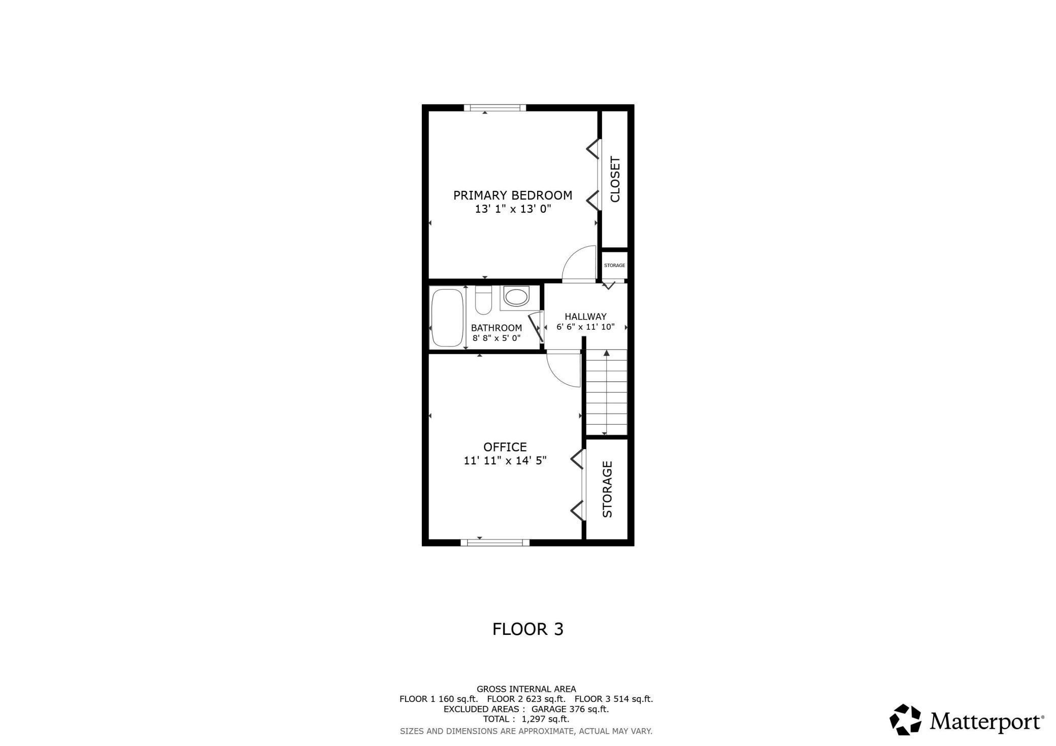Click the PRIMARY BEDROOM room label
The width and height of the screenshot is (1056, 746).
click(x=512, y=195)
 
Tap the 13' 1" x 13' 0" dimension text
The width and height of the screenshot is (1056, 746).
click(x=513, y=209)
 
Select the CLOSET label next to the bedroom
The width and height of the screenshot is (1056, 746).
click(x=615, y=179)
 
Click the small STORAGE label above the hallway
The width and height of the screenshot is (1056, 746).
click(x=614, y=265)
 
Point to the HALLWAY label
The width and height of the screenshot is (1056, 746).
click(x=585, y=316)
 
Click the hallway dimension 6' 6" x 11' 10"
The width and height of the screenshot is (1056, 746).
click(x=585, y=327)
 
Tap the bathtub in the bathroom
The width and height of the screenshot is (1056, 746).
click(x=447, y=318)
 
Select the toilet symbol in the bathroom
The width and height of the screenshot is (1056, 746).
click(x=483, y=300)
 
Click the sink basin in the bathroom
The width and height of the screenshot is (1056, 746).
click(x=516, y=297)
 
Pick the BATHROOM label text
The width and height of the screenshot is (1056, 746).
click(x=496, y=328)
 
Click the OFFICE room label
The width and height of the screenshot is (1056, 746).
click(x=505, y=447)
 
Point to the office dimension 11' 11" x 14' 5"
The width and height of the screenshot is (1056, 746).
click(x=505, y=461)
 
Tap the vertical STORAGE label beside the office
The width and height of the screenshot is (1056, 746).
click(x=607, y=489)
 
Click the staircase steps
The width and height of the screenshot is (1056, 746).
click(x=606, y=393)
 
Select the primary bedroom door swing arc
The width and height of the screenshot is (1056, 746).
click(x=579, y=262)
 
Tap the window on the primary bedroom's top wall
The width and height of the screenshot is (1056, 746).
click(x=495, y=108)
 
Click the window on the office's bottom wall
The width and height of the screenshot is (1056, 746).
click(x=495, y=542)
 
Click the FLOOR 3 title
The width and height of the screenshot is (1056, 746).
click(x=527, y=629)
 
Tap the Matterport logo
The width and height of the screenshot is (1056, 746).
click(x=967, y=720)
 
